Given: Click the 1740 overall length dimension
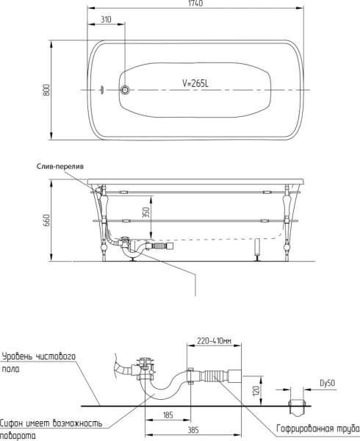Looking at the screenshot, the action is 195,4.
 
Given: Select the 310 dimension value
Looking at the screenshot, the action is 106,19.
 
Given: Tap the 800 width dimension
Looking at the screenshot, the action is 46,90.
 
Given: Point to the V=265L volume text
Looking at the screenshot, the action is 195,83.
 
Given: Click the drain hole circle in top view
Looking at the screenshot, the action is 125,90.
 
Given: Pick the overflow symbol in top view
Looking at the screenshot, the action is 102,90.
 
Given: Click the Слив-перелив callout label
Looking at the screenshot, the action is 60,167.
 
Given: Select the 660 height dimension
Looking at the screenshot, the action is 46,220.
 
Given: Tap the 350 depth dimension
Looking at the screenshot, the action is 146,213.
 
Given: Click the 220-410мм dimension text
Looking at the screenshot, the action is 214,341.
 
